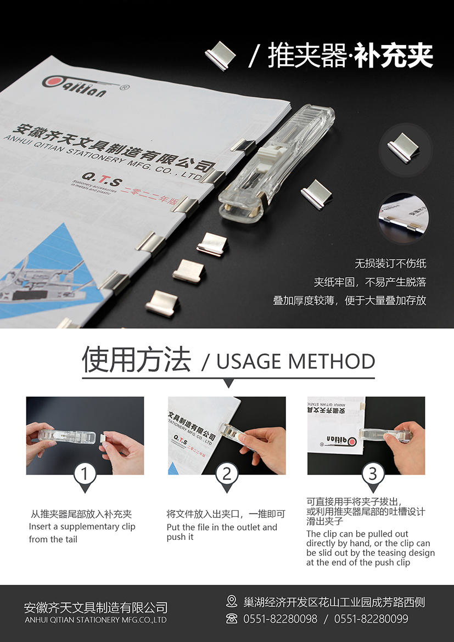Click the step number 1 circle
point(85,474)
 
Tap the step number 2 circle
point(227,474)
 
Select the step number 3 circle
point(373,474)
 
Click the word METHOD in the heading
point(331,362)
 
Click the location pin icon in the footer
point(232,601)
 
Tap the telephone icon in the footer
point(232,618)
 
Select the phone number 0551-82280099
point(371,618)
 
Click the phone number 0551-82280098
point(281,618)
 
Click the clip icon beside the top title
point(221,55)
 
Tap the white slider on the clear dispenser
point(271,153)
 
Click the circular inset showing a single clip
point(405,149)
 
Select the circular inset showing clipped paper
point(403,217)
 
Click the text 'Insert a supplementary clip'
point(82,527)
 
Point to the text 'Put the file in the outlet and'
point(222,527)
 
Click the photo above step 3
point(366,435)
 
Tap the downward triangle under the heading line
point(228,383)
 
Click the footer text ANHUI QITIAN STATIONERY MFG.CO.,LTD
point(96,620)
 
